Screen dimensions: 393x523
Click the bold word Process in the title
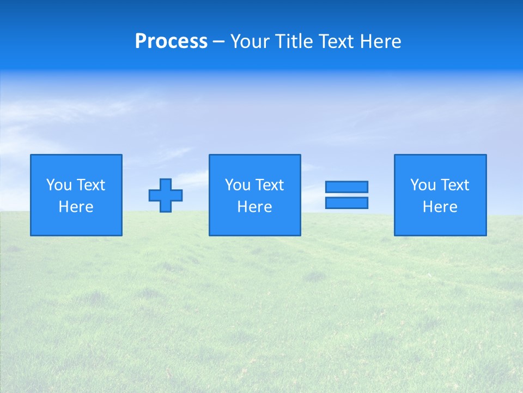[171, 41]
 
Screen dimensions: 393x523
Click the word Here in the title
[382, 41]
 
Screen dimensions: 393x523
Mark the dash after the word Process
[219, 42]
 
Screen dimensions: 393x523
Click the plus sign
[166, 195]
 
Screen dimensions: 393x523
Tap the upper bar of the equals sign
[346, 187]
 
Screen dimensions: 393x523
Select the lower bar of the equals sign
[346, 203]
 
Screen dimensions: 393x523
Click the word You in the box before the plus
[59, 185]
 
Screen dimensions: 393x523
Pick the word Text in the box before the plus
[90, 185]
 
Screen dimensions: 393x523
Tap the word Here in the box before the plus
[76, 207]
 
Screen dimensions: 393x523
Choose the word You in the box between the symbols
[238, 185]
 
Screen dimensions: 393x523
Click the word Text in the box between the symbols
[269, 185]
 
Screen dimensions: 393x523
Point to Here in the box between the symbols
[254, 207]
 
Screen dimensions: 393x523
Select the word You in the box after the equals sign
[423, 185]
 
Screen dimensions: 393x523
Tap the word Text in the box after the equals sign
[454, 185]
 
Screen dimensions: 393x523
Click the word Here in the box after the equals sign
[440, 207]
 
